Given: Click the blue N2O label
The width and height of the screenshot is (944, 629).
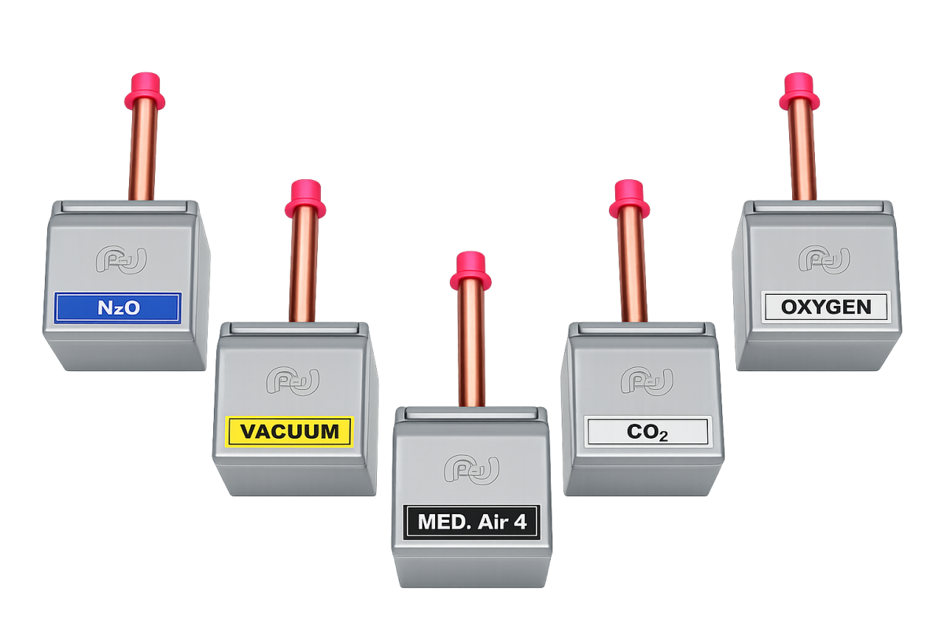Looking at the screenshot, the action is coord(118,308).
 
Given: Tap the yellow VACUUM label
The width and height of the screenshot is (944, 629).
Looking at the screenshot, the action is coord(289,432).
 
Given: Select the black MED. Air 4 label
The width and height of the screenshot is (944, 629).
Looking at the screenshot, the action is coord(472,522).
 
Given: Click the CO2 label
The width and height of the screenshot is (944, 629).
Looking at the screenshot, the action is coord(647,432).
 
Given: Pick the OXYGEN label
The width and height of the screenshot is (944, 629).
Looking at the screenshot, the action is coord(826,307).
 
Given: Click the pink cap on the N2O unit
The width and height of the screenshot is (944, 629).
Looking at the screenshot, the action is coord(145,91).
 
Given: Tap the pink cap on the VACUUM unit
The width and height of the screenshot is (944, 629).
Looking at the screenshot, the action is coord(305,199).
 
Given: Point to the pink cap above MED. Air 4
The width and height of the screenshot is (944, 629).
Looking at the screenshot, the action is coord(470,271).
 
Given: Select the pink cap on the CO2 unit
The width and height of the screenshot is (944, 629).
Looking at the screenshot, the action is coord(629,199).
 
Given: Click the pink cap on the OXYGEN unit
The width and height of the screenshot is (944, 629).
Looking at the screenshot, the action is coord(799,91).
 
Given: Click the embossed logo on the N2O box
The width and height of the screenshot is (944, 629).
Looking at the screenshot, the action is coord(121,260).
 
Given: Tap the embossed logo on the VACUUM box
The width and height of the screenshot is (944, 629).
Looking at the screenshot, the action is coord(293,381).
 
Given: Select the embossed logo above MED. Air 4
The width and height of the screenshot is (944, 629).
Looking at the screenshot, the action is coord(471,469).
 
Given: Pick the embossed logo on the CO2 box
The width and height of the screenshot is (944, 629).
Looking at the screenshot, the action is coord(647,381).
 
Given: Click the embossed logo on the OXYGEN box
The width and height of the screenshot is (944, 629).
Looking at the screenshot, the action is coord(824,259).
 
